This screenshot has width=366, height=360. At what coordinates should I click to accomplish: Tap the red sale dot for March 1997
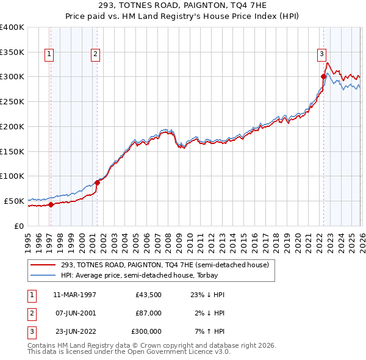coord(51,204)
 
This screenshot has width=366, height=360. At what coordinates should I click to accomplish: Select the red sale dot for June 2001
coord(97,182)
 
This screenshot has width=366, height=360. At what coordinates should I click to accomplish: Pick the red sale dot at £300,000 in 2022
coord(323,76)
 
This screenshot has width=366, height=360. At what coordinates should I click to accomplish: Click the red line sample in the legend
coord(43,265)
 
